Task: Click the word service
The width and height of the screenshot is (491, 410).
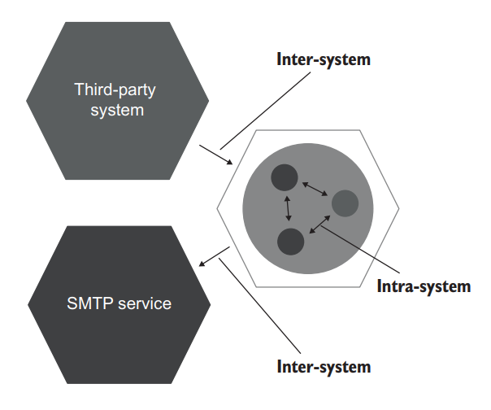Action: pyautogui.click(x=144, y=303)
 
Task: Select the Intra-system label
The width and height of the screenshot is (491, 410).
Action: pyautogui.click(x=424, y=286)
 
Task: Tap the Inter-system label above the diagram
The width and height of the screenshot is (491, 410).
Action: pyautogui.click(x=324, y=60)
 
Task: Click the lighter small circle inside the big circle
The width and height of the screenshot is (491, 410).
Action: pyautogui.click(x=345, y=203)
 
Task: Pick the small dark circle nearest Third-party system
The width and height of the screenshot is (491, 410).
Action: pyautogui.click(x=285, y=177)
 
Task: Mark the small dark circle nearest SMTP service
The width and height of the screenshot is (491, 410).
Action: pyautogui.click(x=291, y=242)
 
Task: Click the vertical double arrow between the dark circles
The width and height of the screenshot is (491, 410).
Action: pyautogui.click(x=287, y=209)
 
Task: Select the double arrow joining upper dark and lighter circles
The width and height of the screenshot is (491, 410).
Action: pyautogui.click(x=315, y=189)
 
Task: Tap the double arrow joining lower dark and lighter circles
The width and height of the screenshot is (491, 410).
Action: pyautogui.click(x=318, y=225)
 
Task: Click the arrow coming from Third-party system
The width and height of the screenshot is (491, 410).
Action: pyautogui.click(x=216, y=155)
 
